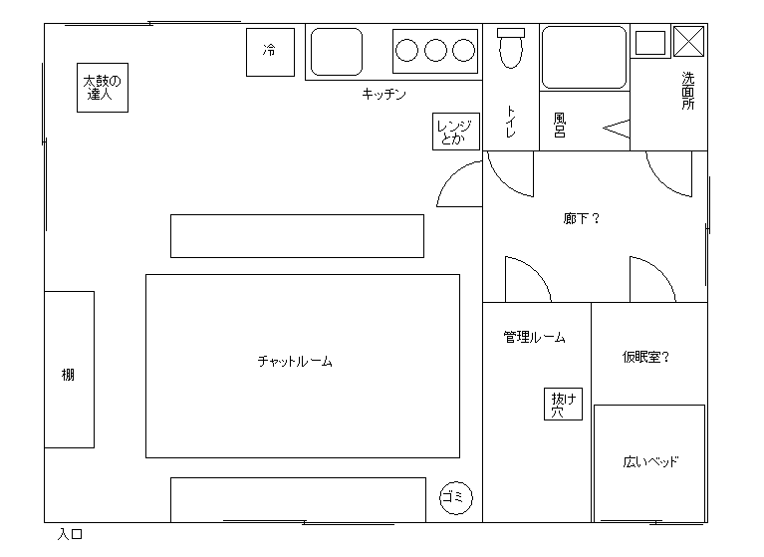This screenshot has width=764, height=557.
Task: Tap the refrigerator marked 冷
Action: click(270, 52)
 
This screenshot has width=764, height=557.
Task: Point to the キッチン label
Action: click(383, 94)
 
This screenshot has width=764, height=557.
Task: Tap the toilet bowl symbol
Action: click(511, 48)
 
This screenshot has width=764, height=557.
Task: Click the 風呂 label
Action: click(560, 126)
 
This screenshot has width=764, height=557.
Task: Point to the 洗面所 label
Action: click(688, 91)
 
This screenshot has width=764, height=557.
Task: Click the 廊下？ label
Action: click(582, 218)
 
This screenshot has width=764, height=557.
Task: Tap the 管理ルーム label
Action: click(535, 337)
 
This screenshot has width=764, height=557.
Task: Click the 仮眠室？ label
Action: click(646, 357)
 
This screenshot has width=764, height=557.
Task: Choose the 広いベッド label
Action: click(650, 461)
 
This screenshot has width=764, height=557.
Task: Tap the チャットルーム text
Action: click(295, 361)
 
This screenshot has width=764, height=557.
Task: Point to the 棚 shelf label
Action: click(68, 375)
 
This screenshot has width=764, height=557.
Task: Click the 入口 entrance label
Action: click(70, 534)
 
